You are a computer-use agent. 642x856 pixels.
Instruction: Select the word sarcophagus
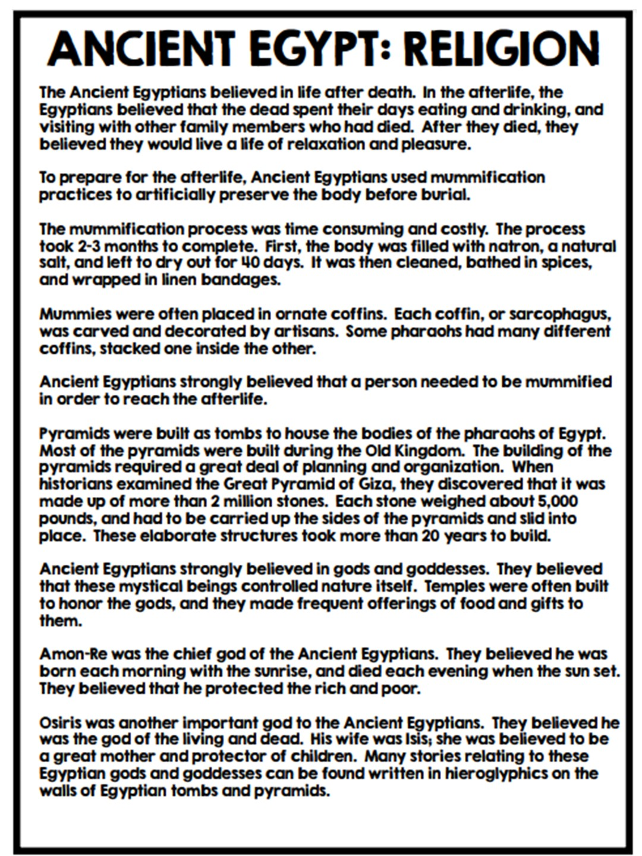(x=561, y=314)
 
